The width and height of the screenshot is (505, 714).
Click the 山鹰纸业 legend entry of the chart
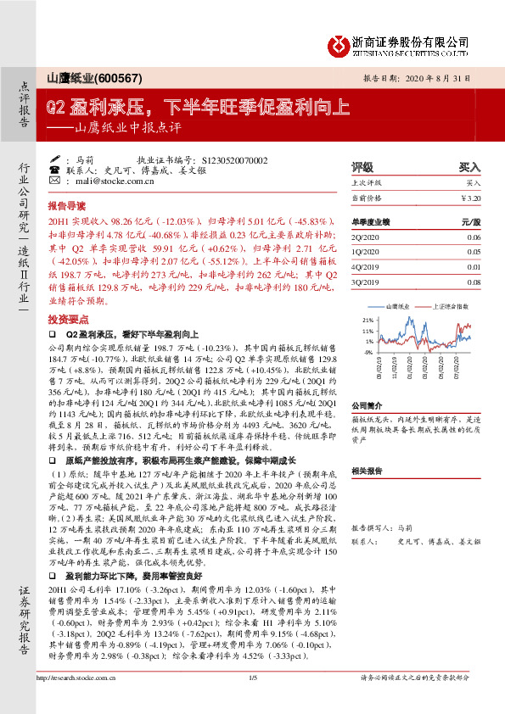402,304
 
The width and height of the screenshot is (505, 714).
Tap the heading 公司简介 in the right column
367,406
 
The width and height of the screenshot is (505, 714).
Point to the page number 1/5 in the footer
252,701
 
